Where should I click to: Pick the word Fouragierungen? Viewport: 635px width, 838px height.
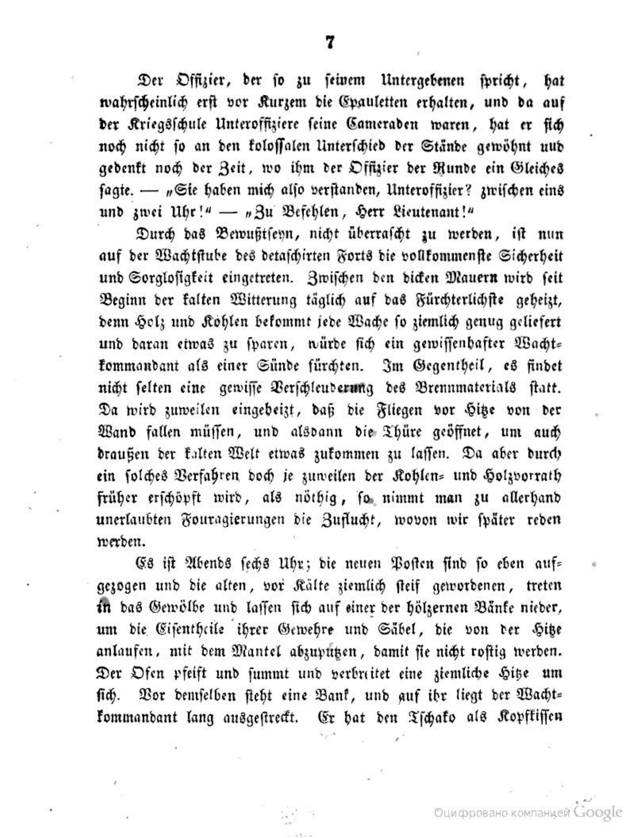coord(227,520)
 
